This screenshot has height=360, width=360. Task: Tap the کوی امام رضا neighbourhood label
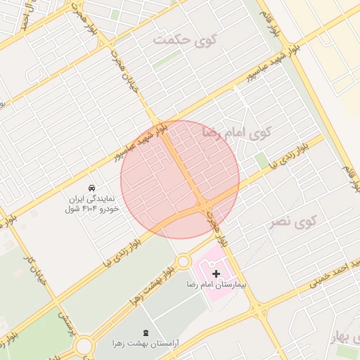(236, 131)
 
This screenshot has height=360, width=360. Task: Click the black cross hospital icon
(216, 272)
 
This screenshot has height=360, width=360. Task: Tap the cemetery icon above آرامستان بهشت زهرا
(146, 332)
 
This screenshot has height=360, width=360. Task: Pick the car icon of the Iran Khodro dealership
(92, 187)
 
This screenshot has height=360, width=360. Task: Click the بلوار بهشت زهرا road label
(150, 286)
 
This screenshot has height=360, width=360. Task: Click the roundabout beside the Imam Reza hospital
(183, 262)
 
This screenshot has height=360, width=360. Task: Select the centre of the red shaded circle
(180, 179)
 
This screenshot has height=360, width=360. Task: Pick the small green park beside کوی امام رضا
(262, 161)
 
